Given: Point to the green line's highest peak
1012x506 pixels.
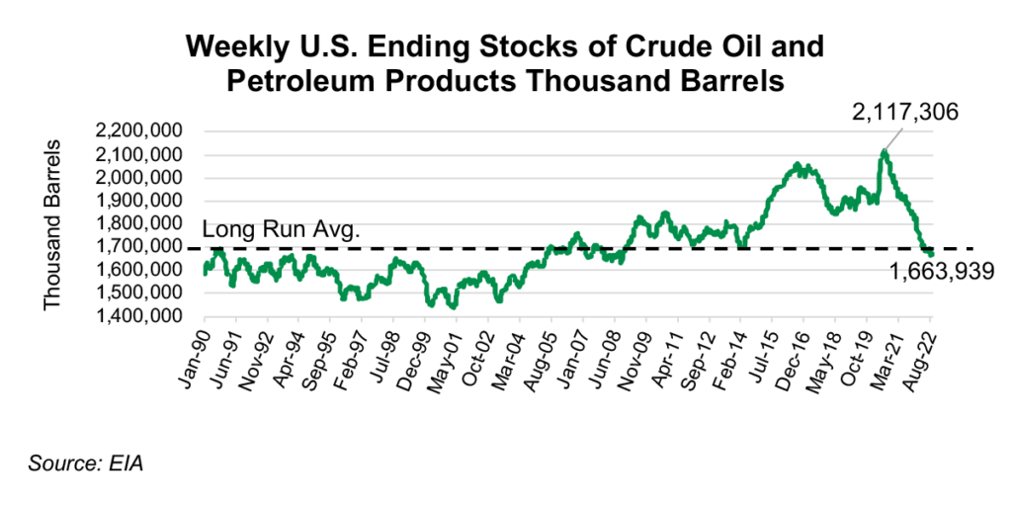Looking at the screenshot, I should point(884,151).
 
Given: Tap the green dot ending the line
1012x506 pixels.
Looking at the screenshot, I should point(930,254).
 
